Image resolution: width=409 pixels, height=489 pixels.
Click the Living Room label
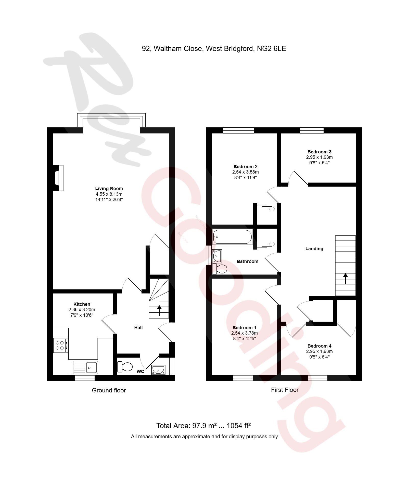(x=109, y=189)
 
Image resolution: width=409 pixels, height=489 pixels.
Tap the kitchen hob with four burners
(x=60, y=345)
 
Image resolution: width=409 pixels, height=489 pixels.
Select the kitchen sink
(x=85, y=367)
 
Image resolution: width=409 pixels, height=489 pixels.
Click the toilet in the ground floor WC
(x=125, y=366)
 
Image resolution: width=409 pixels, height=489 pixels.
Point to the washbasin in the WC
(x=158, y=370)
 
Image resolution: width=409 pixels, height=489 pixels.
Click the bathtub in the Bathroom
(x=232, y=237)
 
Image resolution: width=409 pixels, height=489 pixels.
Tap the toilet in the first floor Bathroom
(x=220, y=269)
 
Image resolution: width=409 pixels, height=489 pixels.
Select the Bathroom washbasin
(x=217, y=256)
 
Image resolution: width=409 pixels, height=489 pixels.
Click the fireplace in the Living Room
(x=59, y=178)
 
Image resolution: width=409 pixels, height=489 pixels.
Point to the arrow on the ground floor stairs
(x=159, y=310)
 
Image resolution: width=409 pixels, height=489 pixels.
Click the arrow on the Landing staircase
(x=346, y=278)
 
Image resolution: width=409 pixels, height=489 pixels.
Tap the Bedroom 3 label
(x=319, y=152)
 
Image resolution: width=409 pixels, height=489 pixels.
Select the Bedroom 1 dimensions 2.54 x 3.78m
(x=244, y=333)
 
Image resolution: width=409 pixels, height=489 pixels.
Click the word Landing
(x=314, y=249)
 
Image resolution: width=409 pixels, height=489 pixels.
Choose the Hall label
(x=138, y=328)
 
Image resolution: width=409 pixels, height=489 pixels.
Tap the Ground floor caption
(x=109, y=390)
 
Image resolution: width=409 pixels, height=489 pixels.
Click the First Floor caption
(x=285, y=390)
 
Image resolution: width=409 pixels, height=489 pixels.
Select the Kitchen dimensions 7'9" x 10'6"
(x=82, y=315)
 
